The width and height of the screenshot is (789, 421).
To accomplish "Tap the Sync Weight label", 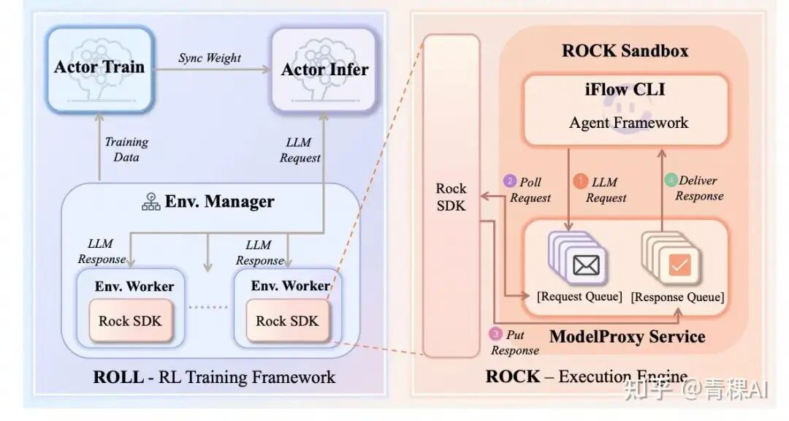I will (210, 57).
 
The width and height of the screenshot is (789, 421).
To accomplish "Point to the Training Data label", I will (126, 149).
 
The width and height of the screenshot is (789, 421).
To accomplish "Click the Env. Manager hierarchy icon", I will (151, 202).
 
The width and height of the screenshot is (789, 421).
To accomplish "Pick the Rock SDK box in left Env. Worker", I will (131, 321).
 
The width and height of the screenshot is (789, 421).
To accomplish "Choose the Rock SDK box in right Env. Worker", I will (288, 321).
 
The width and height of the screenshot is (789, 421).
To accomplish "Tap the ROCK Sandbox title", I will (625, 50).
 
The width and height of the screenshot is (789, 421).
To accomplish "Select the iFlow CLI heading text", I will (625, 91).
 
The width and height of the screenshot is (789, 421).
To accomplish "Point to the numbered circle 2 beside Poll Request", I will (510, 181).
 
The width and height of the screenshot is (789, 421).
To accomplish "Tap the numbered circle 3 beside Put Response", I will (496, 334).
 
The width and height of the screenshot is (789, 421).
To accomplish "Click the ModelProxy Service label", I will (627, 336).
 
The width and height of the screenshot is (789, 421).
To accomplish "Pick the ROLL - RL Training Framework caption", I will (214, 377).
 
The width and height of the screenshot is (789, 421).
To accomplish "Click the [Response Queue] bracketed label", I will (677, 297).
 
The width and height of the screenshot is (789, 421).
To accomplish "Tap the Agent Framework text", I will (628, 122).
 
